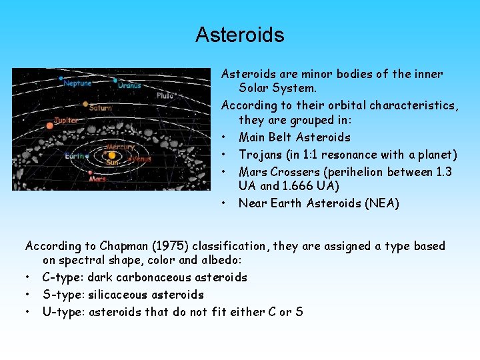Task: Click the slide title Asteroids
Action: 239,35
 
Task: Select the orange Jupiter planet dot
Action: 49,125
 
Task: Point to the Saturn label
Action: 100,108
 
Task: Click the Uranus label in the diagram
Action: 129,85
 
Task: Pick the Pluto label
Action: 165,96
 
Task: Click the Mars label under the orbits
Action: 97,179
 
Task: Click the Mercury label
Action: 121,147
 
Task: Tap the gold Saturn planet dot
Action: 85,104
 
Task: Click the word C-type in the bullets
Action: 59,277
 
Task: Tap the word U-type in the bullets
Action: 59,311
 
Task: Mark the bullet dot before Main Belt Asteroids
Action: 225,138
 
